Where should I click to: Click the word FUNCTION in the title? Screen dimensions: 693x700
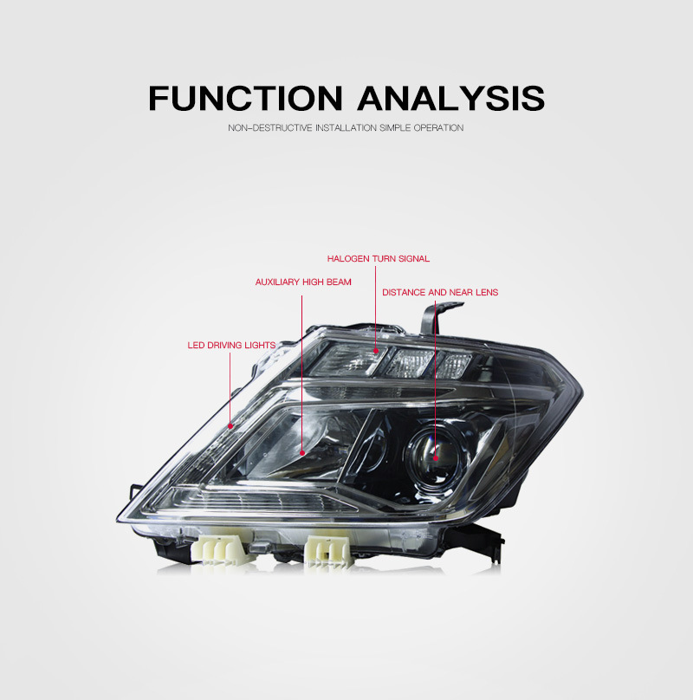point(246,98)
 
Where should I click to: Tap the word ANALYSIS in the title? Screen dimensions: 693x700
point(451,98)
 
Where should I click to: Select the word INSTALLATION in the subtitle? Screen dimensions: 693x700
point(346,127)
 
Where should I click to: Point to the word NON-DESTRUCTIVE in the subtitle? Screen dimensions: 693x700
point(270,127)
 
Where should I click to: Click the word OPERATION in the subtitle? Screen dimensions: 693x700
point(438,127)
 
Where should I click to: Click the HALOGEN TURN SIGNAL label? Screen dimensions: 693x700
point(379,258)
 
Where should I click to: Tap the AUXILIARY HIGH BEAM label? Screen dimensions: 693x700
point(303,282)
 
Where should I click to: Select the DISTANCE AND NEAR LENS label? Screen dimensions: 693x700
point(440,292)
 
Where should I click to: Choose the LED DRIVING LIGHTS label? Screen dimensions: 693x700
point(231,345)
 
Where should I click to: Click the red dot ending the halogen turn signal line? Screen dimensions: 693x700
point(376,351)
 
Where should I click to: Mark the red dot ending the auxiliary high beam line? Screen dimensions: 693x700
point(301,453)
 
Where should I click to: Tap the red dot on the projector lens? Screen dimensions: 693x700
point(436,458)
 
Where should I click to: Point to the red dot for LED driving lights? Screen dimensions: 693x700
point(230,426)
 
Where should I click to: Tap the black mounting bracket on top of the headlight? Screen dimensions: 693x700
point(438,317)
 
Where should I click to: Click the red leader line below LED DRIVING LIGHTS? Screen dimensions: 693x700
point(230,388)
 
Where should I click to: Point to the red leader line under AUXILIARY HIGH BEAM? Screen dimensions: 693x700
point(301,373)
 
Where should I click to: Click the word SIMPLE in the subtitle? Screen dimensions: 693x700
point(395,127)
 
